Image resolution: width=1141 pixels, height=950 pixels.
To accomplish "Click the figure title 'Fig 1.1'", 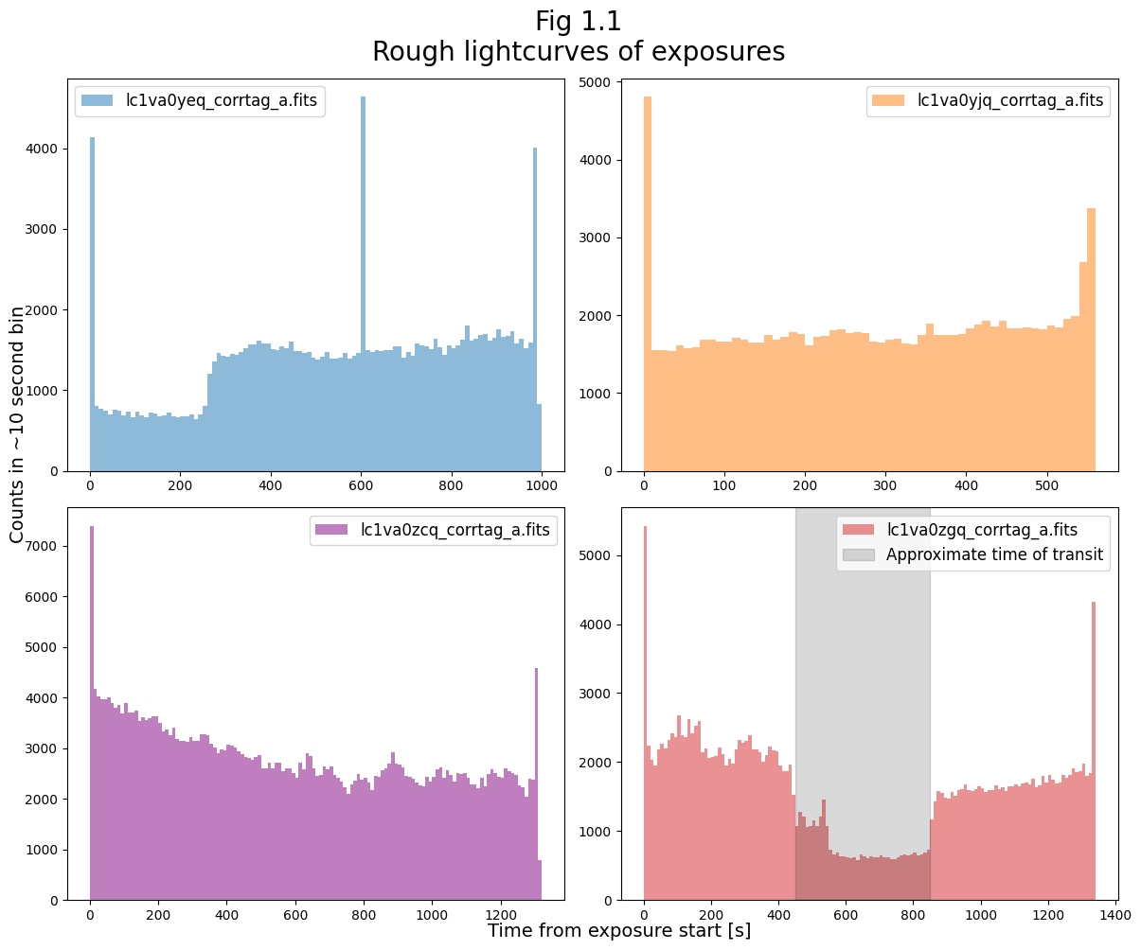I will [578, 21].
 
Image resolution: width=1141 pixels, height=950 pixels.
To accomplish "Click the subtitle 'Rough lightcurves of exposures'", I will [578, 52].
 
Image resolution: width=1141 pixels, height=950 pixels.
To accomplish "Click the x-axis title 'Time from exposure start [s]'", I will [619, 931].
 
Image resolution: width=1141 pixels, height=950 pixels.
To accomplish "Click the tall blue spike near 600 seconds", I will [363, 284].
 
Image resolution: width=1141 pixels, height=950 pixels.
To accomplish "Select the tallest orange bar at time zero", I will [648, 284].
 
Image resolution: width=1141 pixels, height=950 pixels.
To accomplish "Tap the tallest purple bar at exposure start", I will [92, 710].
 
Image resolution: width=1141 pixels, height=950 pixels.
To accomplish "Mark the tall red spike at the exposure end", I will [1094, 748].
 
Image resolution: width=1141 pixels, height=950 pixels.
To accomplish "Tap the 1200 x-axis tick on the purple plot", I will [500, 916].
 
